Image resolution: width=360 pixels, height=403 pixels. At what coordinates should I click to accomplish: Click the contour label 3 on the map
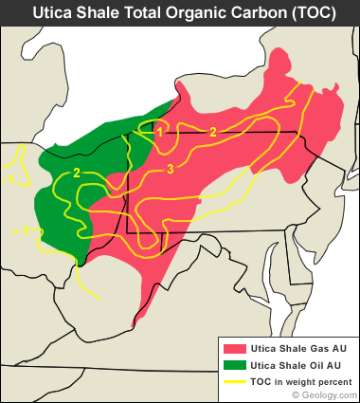(x=170, y=169)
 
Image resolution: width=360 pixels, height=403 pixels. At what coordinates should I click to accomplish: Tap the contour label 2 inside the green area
(x=76, y=173)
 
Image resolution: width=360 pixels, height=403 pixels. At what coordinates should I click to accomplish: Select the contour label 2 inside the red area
(x=213, y=132)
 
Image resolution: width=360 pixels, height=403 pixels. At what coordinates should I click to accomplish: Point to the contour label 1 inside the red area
(x=160, y=133)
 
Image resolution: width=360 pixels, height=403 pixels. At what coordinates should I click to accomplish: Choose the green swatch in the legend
(x=233, y=365)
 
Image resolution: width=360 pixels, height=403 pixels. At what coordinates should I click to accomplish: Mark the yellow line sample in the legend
(x=233, y=381)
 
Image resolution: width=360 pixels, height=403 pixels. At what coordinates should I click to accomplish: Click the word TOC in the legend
(x=262, y=381)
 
